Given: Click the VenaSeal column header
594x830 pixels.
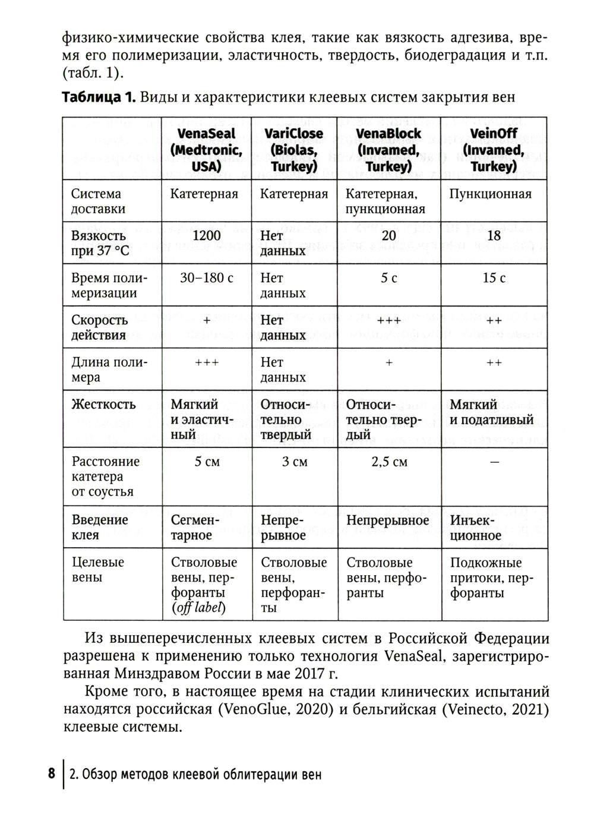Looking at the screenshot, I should (x=206, y=150).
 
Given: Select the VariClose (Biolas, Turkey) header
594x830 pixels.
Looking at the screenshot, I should (x=294, y=150).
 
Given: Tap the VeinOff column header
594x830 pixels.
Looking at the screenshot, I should (x=493, y=150).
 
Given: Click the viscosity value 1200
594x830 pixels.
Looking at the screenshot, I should (x=206, y=236).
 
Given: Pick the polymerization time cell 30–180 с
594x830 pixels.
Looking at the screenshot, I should (x=206, y=278).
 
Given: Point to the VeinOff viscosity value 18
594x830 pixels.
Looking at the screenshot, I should (x=494, y=236).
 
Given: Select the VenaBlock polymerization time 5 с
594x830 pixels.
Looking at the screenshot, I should (x=389, y=278).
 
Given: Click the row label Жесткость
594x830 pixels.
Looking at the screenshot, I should (x=103, y=405).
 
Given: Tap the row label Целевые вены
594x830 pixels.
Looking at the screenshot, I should (x=98, y=570).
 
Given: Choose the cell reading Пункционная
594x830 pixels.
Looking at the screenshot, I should (x=490, y=194).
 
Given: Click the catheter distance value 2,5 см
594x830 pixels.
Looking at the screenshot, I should (x=389, y=462).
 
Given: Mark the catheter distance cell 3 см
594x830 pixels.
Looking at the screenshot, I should (x=295, y=462).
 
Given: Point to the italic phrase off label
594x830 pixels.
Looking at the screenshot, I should (x=198, y=608).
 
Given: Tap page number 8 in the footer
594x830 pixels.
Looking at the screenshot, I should (x=52, y=774).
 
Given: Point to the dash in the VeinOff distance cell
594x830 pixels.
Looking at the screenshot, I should (x=494, y=462).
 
